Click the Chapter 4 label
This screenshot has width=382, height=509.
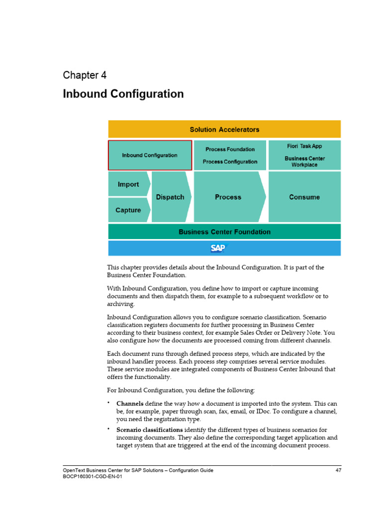pos(85,75)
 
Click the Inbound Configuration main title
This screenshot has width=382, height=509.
pos(123,94)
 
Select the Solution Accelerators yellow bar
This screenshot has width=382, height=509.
pos(224,129)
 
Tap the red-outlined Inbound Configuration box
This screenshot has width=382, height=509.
pos(150,155)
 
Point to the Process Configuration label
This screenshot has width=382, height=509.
pos(230,162)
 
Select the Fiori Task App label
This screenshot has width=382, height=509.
pos(304,147)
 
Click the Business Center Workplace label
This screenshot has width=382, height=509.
pos(304,162)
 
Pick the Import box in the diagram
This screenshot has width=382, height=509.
pos(128,184)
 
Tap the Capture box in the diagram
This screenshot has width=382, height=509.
pos(128,210)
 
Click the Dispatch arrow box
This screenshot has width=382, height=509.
pos(170,197)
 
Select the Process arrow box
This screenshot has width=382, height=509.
pos(228,197)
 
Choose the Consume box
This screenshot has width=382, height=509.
pos(304,197)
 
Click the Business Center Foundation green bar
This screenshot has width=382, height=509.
pos(224,232)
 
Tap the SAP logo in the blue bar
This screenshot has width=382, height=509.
pos(217,248)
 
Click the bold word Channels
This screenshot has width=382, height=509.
pos(130,403)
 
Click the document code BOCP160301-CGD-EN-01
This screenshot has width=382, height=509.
pos(93,476)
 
